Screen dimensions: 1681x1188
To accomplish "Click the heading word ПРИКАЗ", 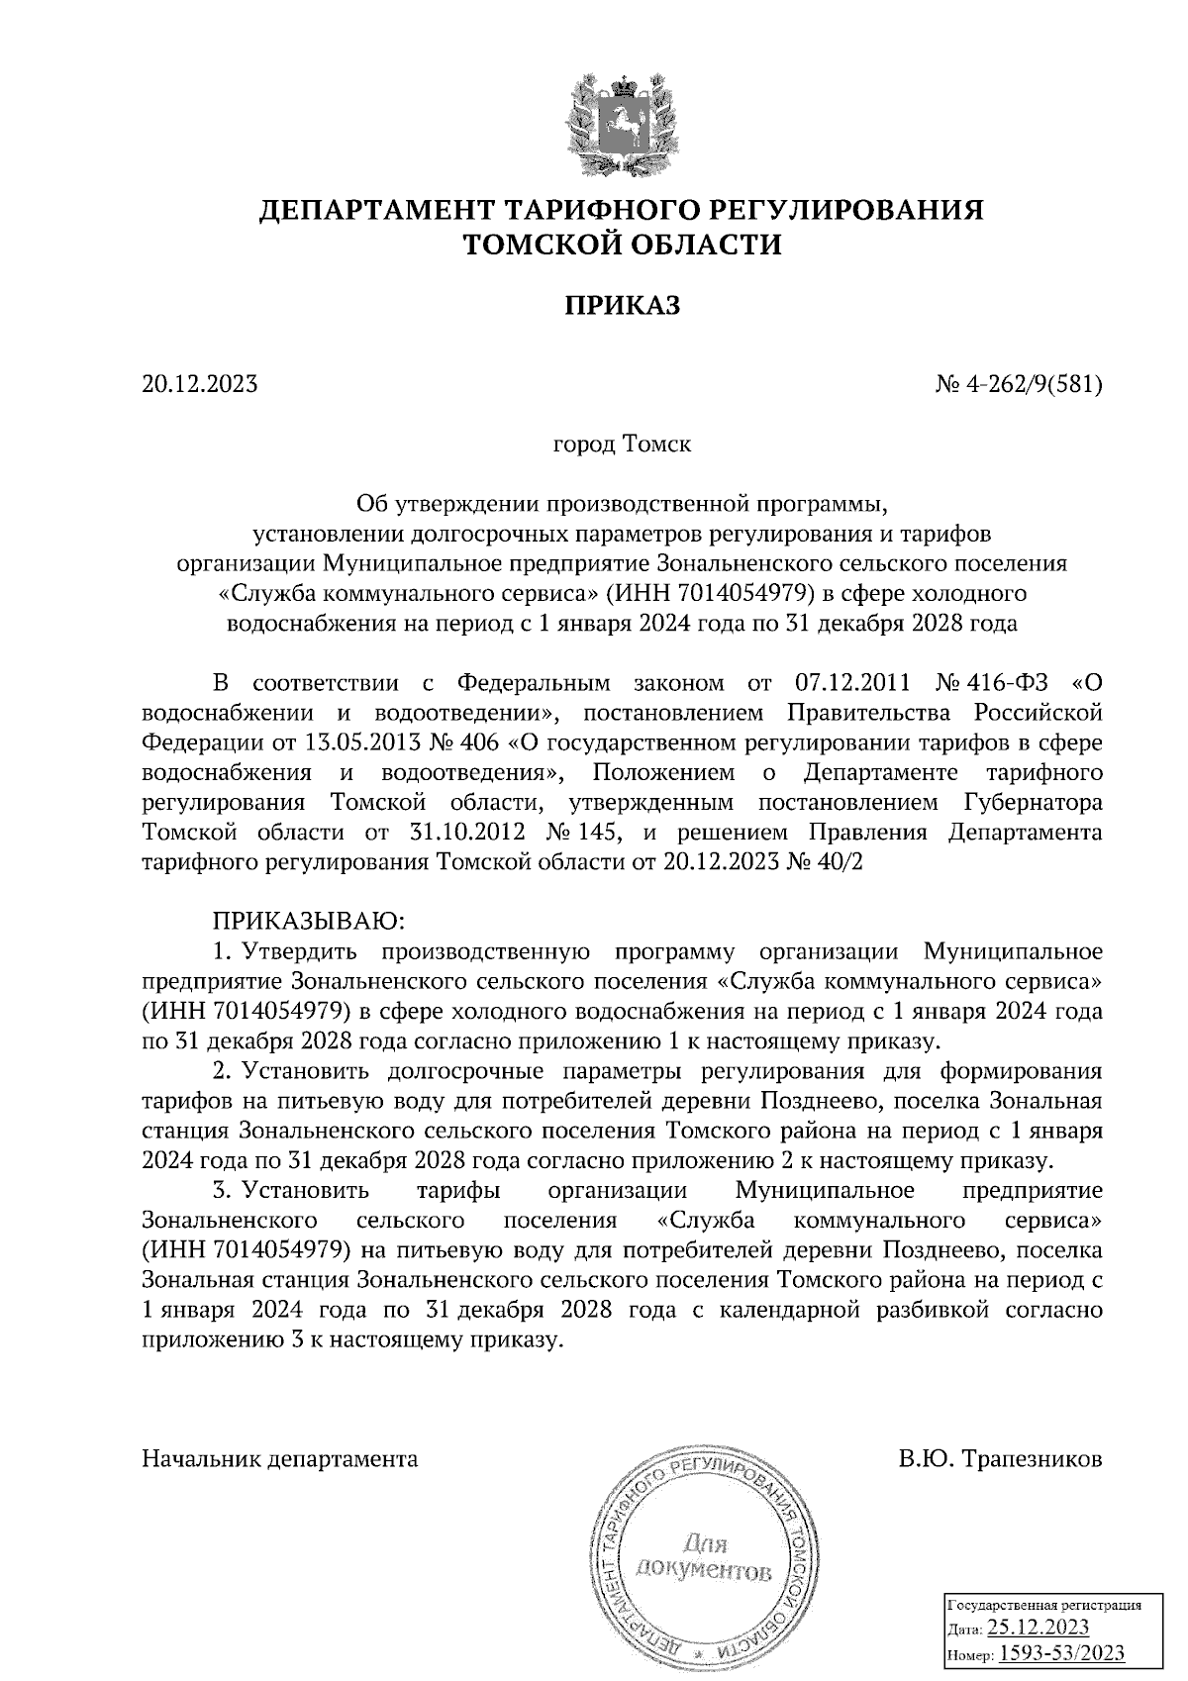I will point(623,307).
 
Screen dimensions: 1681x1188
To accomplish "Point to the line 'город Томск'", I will point(622,444).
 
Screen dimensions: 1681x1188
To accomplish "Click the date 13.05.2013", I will point(359,742).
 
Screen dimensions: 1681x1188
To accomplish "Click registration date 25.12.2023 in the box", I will point(1039,1628).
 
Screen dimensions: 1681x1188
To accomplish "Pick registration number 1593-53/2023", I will point(1061,1653).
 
